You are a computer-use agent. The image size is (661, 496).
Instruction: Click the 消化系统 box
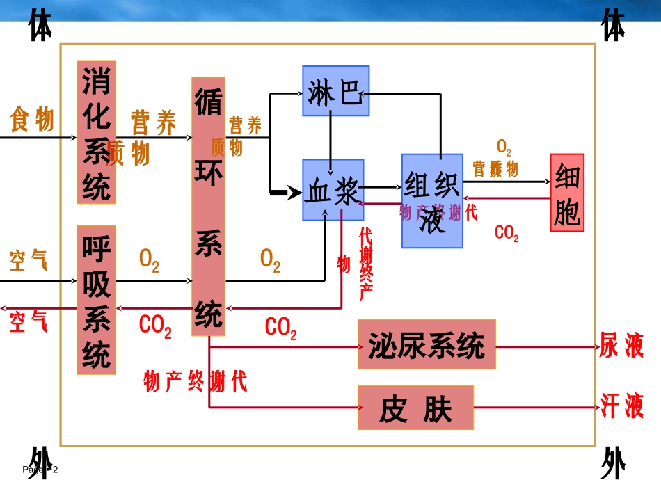[x=96, y=131]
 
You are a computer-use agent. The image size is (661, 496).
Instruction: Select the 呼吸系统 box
[x=96, y=300]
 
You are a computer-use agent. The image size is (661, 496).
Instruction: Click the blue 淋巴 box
[x=335, y=90]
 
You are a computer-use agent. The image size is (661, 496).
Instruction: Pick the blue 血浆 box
[x=333, y=190]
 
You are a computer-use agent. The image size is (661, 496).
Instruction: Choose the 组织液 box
[x=432, y=201]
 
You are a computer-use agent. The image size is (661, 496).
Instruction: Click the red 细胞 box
[x=567, y=193]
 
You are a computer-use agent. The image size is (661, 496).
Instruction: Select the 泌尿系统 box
[x=427, y=344]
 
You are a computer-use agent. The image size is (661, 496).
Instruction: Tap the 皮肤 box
[x=415, y=408]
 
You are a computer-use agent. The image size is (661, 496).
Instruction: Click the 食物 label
[x=32, y=120]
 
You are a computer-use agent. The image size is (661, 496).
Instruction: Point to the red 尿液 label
[x=621, y=345]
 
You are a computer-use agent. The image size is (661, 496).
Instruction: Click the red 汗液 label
[x=622, y=406]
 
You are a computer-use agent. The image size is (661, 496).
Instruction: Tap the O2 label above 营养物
[x=504, y=148]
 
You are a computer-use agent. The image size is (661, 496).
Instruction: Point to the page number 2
[x=56, y=470]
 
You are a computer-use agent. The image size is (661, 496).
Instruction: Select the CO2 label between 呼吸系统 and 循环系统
[x=155, y=326]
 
